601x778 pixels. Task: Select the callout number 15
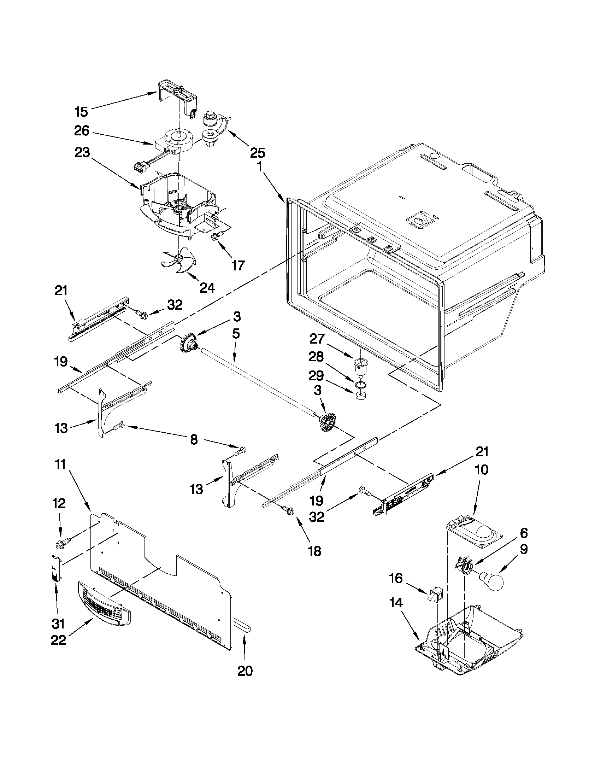point(81,112)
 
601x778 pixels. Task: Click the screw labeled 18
point(289,511)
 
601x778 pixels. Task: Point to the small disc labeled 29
point(360,396)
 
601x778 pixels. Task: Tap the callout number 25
point(257,153)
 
